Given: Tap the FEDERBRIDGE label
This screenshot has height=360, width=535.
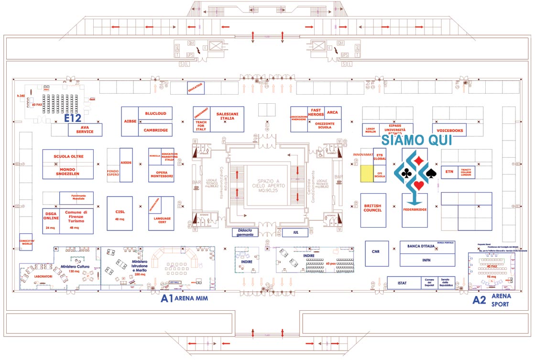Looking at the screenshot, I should point(414,209).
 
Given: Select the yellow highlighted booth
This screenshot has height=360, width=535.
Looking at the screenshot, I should point(366,173).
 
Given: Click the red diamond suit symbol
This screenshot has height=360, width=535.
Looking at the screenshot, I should point(419,159).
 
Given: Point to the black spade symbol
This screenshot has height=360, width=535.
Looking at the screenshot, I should point(431,173).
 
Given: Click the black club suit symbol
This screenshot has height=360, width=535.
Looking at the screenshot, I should point(406,173).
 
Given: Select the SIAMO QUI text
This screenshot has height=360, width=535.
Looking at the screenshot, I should point(415,140).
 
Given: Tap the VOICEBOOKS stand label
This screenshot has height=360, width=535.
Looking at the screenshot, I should point(449,130).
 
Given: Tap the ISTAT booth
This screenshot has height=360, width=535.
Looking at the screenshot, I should point(402,283).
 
